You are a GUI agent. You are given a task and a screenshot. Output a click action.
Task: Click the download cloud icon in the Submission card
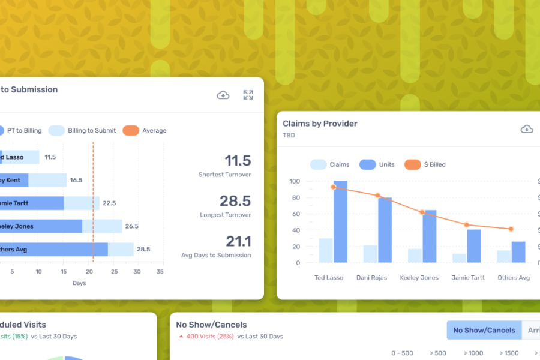tap(223, 95)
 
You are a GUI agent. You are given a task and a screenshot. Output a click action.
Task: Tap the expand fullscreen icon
tap(248, 95)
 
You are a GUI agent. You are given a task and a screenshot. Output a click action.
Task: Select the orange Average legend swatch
tap(131, 130)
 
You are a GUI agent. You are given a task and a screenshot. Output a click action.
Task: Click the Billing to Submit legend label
tap(92, 130)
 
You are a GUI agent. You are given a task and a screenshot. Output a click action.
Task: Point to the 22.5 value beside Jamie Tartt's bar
tap(109, 203)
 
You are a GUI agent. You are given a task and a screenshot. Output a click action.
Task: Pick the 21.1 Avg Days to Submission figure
tap(238, 241)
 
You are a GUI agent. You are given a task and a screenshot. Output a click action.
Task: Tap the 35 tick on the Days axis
tap(160, 272)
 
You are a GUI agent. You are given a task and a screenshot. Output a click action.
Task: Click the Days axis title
tap(79, 283)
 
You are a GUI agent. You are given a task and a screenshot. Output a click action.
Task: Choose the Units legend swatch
tap(367, 164)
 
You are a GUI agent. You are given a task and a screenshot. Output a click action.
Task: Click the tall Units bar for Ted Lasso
tap(340, 221)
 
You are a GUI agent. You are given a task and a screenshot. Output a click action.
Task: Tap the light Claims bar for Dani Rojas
tap(370, 254)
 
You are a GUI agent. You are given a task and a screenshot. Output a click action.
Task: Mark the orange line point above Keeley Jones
tap(422, 212)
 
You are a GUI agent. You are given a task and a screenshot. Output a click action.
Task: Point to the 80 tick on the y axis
tap(295, 197)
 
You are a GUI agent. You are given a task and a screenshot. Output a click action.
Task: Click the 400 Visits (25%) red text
tap(208, 337)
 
